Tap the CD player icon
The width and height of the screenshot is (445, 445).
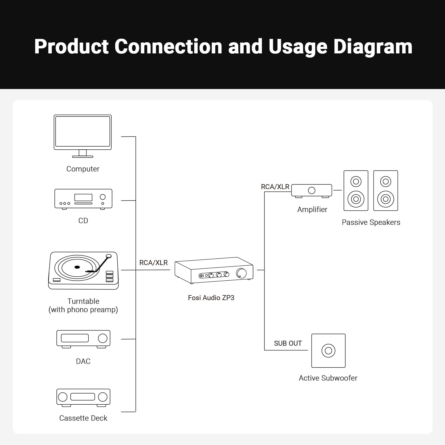point(83,199)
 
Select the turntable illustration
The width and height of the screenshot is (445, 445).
point(83,271)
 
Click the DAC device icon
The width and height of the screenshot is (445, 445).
point(83,339)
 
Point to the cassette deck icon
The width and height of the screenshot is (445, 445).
point(83,397)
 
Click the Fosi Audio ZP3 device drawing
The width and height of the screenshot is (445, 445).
point(214,270)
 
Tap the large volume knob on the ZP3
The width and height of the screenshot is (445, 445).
point(241,273)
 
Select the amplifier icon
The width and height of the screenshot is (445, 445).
point(311,191)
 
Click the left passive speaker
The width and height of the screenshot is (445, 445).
point(356,191)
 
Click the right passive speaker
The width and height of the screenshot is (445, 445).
point(385,191)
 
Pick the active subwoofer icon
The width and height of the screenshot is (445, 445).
point(328,350)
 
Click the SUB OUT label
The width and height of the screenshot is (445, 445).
point(288,343)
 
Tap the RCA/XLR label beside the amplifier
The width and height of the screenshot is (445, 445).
point(275,187)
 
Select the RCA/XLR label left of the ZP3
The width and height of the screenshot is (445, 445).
point(153,263)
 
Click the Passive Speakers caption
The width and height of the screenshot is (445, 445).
point(371,222)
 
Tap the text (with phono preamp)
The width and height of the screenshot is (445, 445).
point(83,310)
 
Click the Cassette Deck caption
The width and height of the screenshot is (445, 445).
point(83,418)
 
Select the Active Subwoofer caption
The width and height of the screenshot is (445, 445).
point(328,378)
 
